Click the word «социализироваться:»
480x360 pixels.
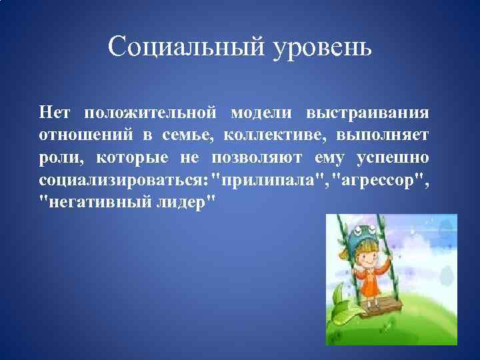[123, 181]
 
